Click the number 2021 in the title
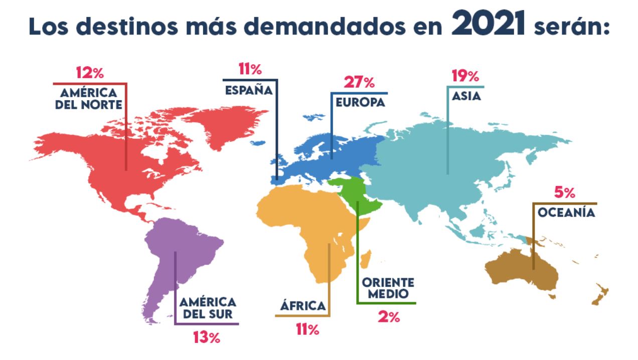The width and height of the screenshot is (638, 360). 488,25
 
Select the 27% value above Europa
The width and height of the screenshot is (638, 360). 359,82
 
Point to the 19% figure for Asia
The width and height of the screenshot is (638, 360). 465,76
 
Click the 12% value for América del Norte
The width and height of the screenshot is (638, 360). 90,73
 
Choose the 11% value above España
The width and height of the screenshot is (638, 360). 250,69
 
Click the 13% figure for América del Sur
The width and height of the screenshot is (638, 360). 207,337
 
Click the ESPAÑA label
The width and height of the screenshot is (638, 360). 248,90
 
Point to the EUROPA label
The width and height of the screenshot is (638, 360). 360,102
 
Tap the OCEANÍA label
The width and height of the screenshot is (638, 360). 566,213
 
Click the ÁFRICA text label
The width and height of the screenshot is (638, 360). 302,306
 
